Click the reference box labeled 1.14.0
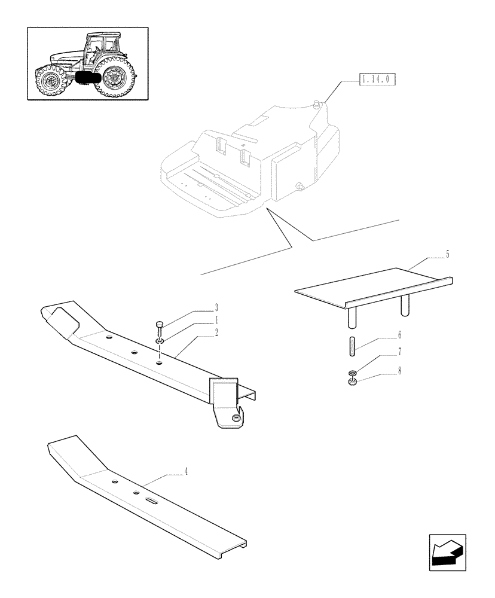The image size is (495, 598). point(379,78)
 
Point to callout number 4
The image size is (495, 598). point(186,471)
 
